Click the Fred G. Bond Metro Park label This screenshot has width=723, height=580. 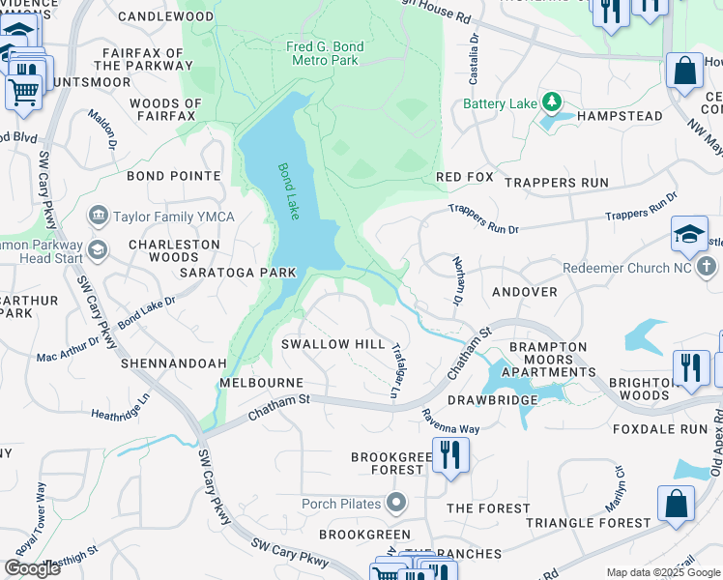click(323, 53)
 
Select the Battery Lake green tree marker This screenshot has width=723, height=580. click(551, 101)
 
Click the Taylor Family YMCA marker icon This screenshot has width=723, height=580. click(98, 215)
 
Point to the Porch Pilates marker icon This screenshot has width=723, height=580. click(395, 503)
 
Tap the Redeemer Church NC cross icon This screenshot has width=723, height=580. click(707, 266)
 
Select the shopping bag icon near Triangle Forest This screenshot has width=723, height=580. click(676, 503)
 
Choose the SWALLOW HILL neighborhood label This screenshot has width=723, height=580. click(333, 345)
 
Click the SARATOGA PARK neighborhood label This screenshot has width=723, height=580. click(237, 273)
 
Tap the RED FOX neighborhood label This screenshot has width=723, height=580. click(465, 178)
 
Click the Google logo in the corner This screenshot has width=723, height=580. click(32, 568)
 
